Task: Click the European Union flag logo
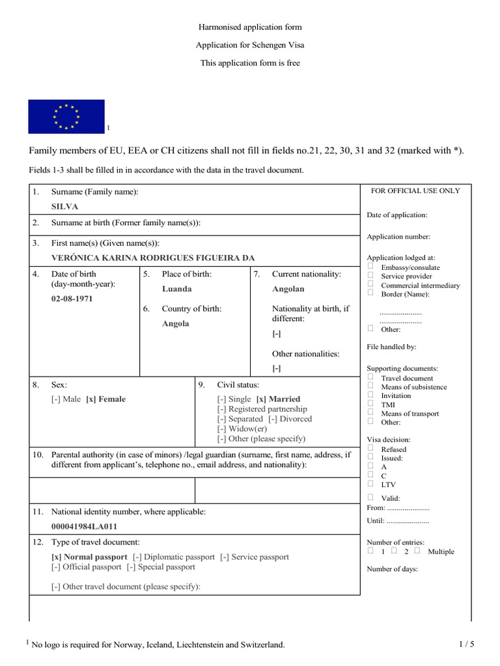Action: tap(66, 116)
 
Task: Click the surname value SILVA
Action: tap(65, 206)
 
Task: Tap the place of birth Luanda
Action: tap(176, 289)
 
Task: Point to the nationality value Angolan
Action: tap(288, 289)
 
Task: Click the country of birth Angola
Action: tap(176, 324)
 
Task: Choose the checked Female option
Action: tap(105, 399)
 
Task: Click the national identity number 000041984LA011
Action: tap(85, 527)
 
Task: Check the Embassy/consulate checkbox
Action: tap(370, 267)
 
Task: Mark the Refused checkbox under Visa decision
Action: tap(370, 448)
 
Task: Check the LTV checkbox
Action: tap(370, 484)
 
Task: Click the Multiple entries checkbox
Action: tap(417, 551)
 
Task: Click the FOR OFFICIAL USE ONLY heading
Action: tap(415, 191)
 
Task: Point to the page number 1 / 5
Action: tap(466, 645)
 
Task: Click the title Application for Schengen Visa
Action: tap(250, 45)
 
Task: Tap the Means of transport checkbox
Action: tap(370, 412)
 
